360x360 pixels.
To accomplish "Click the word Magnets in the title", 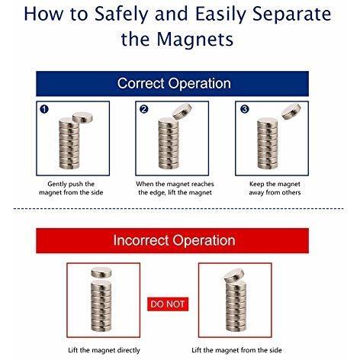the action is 194,39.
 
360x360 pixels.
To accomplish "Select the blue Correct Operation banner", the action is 172,84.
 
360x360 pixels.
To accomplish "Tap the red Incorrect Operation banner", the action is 172,240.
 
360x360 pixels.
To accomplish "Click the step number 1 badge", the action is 44,109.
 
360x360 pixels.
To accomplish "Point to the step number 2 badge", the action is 144,109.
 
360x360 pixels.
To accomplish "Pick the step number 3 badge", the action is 245,109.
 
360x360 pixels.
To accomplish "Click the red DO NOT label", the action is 168,304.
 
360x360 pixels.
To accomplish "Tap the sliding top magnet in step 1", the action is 82,117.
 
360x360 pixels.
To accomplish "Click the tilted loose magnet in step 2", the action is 182,111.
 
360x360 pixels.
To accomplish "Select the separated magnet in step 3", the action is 291,111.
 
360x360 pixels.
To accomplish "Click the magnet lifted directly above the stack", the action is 101,272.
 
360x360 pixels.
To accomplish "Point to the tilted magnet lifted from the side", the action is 234,276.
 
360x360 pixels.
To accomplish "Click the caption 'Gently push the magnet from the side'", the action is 71,188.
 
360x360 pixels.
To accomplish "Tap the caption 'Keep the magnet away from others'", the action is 275,188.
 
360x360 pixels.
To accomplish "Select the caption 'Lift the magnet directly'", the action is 104,350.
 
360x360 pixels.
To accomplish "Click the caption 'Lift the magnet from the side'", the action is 236,350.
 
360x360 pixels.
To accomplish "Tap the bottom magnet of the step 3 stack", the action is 268,166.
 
